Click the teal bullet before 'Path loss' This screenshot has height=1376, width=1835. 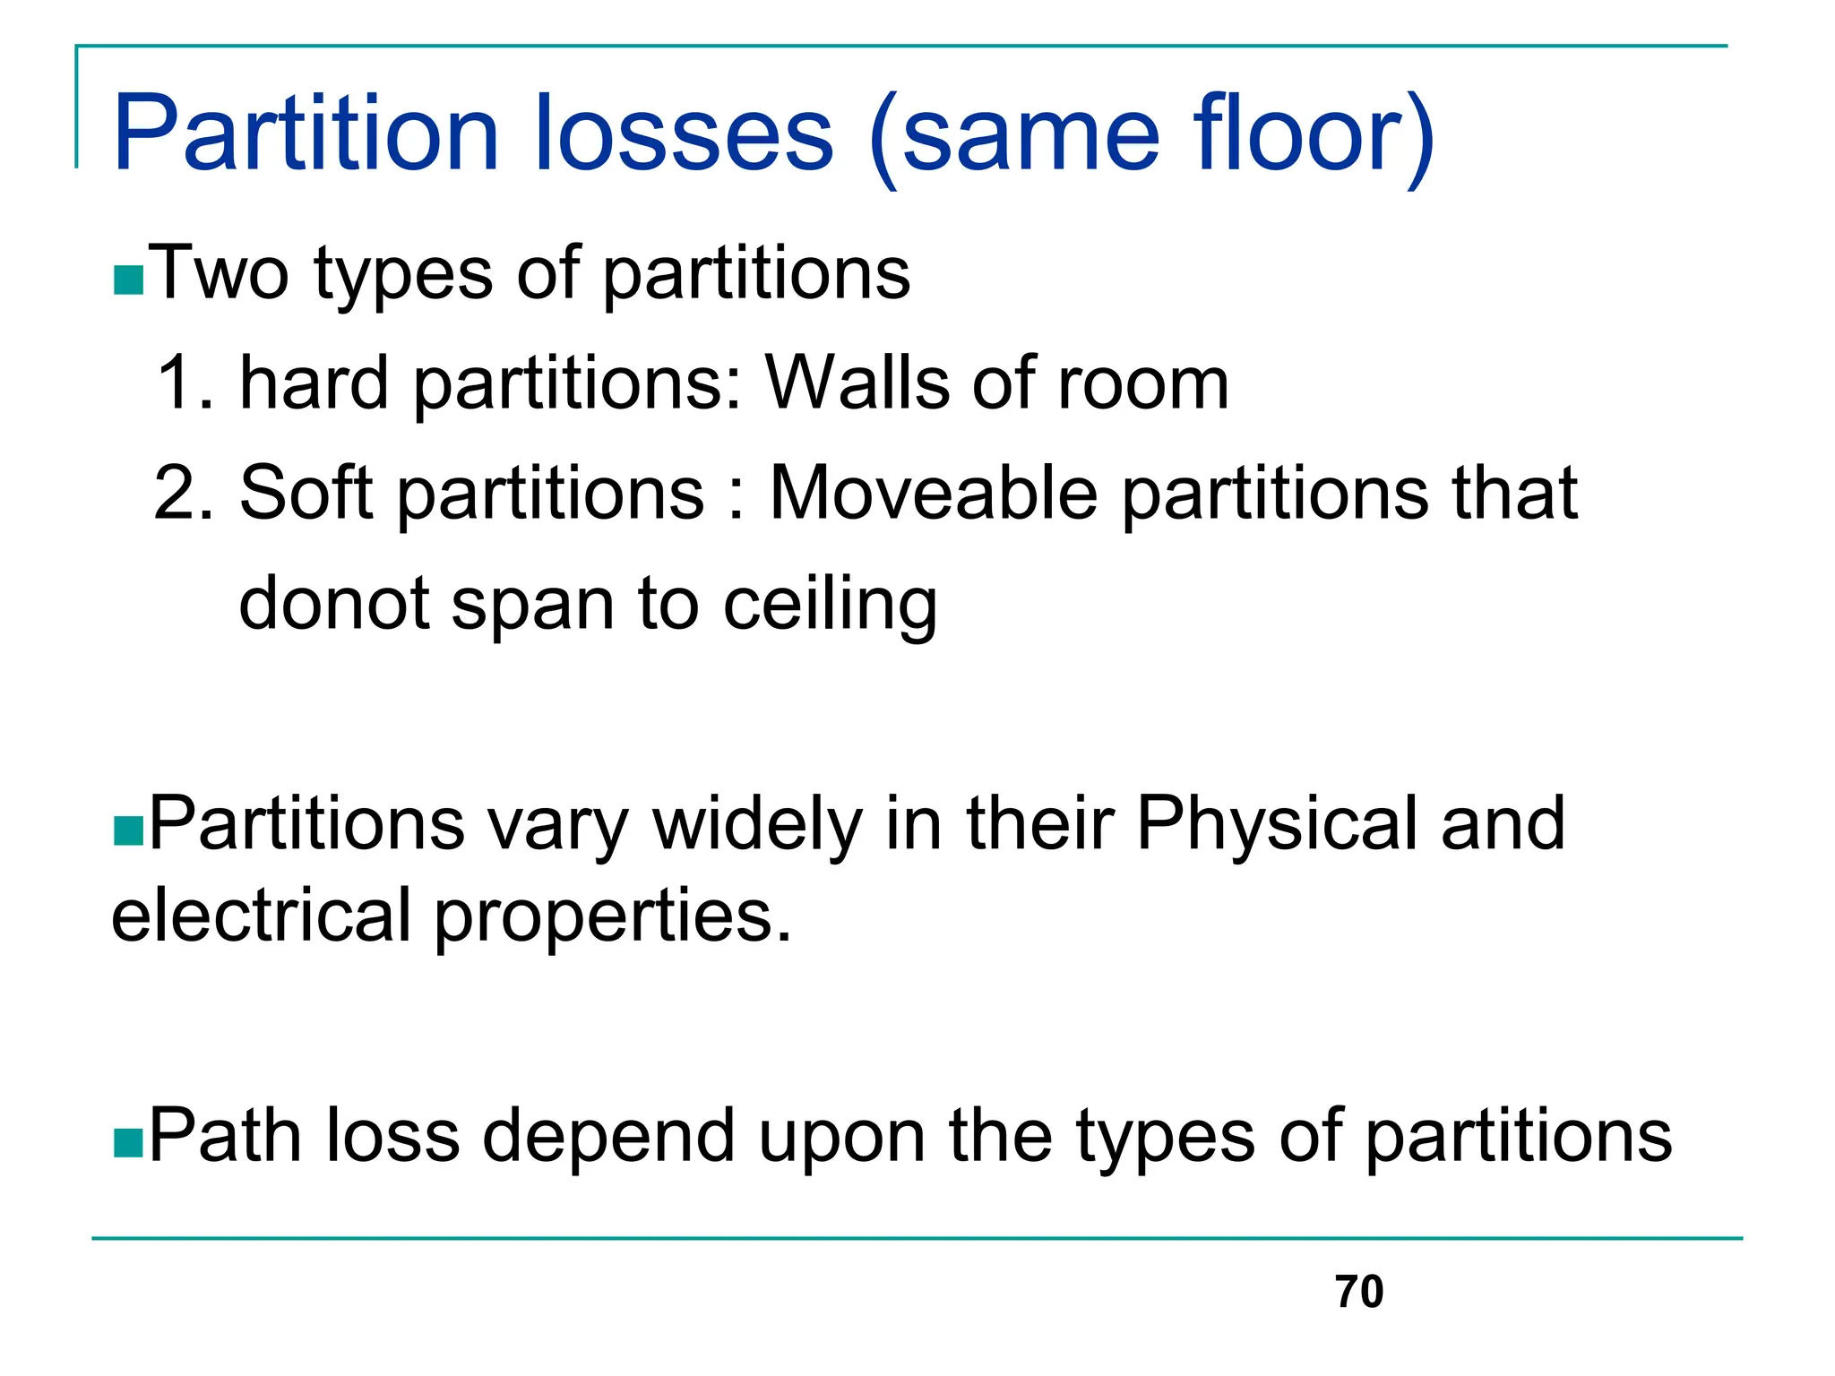[128, 1143]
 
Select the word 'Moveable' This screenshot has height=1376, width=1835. [933, 494]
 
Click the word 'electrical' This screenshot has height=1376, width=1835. [261, 916]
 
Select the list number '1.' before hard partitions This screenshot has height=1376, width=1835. [185, 383]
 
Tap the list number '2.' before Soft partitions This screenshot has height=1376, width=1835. [185, 494]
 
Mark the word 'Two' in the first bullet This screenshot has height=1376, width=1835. [219, 272]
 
